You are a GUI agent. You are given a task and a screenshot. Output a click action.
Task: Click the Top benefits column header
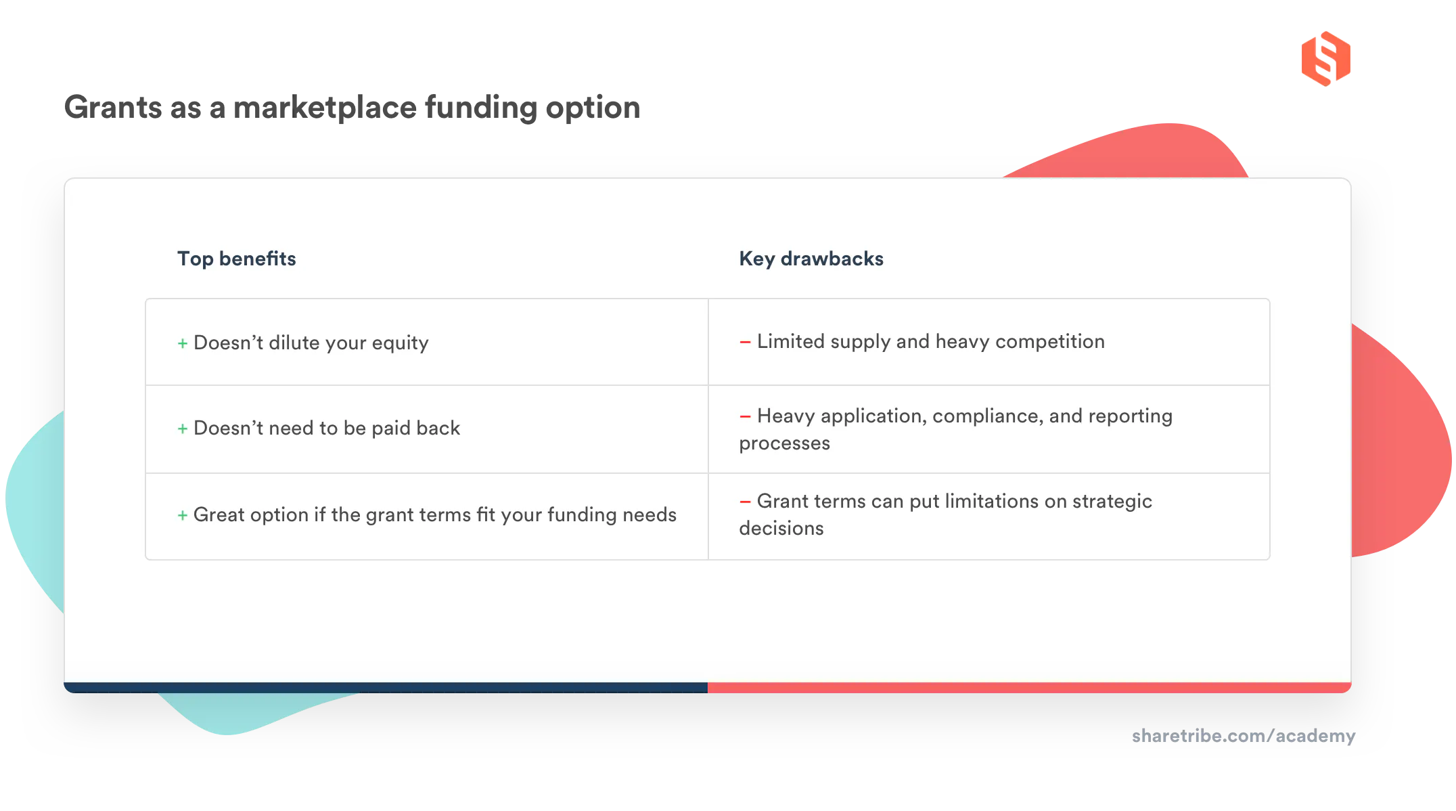click(236, 259)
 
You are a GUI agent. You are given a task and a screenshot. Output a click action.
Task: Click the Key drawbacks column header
click(811, 259)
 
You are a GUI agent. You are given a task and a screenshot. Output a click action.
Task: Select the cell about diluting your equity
click(426, 343)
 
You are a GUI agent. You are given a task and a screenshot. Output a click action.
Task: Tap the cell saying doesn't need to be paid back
click(426, 429)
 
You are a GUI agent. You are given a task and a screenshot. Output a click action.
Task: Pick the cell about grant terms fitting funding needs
click(426, 515)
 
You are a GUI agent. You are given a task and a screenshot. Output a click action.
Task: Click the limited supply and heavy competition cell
click(988, 342)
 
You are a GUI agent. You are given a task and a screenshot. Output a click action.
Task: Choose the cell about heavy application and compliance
click(988, 429)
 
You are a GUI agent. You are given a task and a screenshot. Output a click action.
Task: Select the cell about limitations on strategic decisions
click(988, 515)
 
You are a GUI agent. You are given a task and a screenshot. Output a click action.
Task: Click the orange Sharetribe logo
click(1325, 58)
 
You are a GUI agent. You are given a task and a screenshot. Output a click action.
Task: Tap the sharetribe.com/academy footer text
click(1243, 736)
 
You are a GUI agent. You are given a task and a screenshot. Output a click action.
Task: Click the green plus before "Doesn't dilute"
click(183, 344)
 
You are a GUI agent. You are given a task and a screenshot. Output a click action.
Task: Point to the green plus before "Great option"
click(183, 516)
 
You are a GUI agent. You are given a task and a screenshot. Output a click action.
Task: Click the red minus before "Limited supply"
click(745, 343)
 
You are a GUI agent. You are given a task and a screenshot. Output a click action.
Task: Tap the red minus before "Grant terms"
click(745, 502)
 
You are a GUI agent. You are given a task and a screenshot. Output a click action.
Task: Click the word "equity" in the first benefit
click(400, 343)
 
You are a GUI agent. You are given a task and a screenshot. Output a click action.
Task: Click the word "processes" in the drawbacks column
click(784, 443)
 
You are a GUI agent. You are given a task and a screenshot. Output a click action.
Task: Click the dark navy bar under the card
click(386, 688)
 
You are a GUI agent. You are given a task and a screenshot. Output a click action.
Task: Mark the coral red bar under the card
click(1028, 688)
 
